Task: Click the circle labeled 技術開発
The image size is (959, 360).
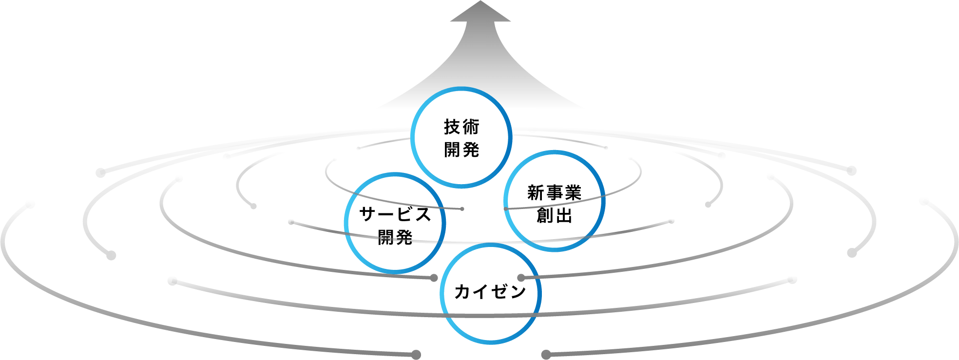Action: [x=461, y=138]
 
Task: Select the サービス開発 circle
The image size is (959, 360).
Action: [x=395, y=223]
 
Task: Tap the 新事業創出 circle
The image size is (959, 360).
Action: [x=554, y=201]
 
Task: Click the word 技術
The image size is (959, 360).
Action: [x=461, y=127]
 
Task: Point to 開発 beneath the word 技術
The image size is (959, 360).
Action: [x=461, y=150]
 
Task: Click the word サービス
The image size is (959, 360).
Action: [x=395, y=214]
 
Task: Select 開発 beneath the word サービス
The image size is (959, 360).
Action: [x=395, y=238]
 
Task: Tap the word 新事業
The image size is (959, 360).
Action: [x=554, y=193]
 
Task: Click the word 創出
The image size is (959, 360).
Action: [x=554, y=215]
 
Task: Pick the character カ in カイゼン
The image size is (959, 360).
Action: [x=463, y=292]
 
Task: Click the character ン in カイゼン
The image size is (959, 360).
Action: [x=518, y=292]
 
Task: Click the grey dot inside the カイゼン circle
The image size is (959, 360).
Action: [x=521, y=278]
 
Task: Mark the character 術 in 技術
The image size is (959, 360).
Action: [x=471, y=127]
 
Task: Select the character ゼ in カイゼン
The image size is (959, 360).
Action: [x=499, y=292]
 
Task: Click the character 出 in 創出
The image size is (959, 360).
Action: [x=564, y=215]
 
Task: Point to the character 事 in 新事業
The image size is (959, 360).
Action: [x=554, y=193]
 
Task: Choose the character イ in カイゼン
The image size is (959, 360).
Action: [x=481, y=292]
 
